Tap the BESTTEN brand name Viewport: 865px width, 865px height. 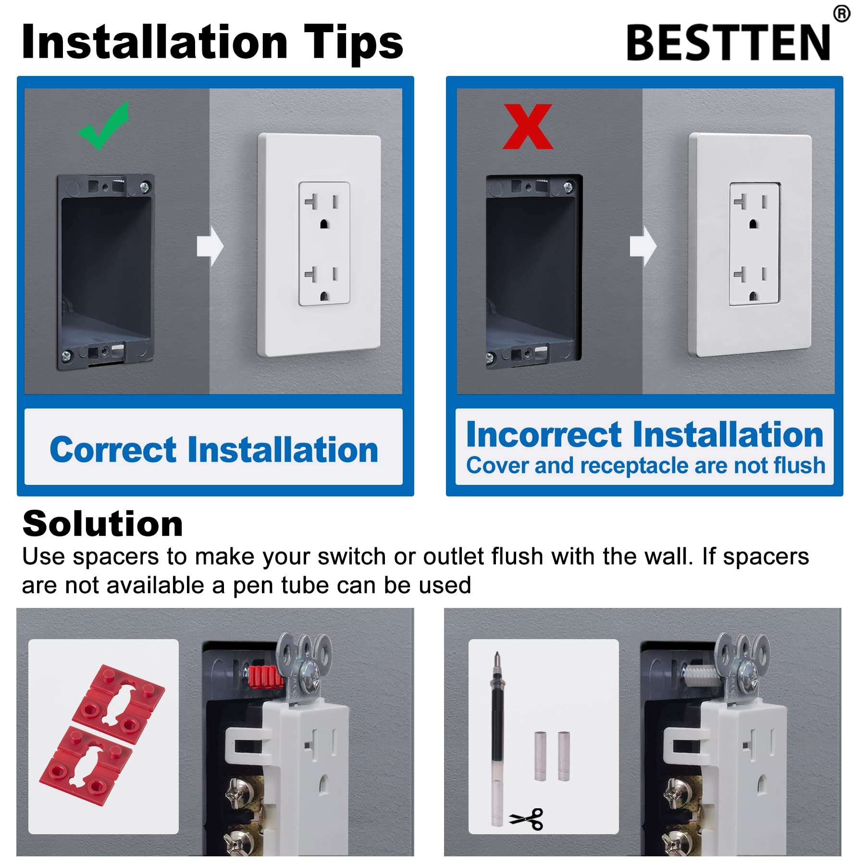(728, 43)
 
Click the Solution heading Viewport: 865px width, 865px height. (102, 524)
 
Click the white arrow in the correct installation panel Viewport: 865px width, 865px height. (210, 246)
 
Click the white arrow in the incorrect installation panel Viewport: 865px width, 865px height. (643, 246)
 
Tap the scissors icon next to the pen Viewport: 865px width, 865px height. (527, 819)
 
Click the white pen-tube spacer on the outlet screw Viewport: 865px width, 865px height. (700, 675)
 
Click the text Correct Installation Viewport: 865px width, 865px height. (214, 450)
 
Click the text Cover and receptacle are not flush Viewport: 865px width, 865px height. (645, 466)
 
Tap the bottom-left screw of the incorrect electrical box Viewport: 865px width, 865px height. (491, 358)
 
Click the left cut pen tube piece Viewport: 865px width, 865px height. (540, 756)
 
